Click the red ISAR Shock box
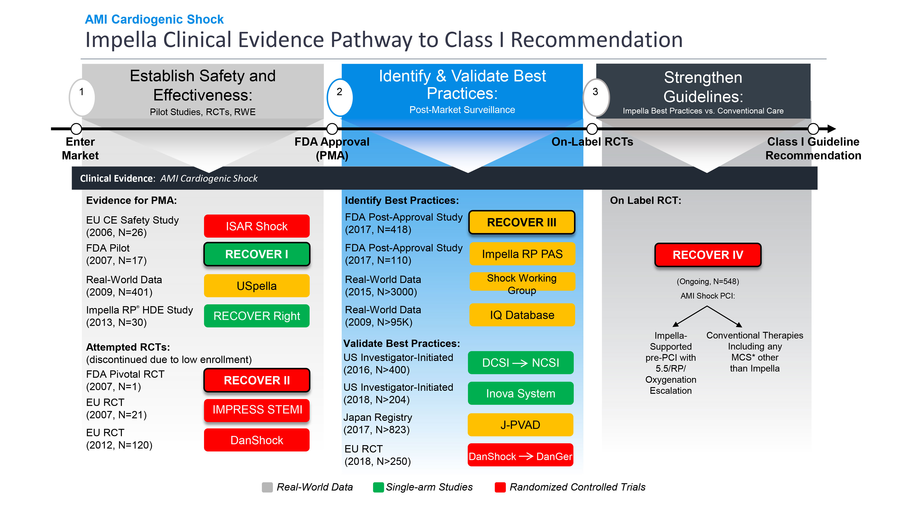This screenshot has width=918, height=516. click(x=257, y=226)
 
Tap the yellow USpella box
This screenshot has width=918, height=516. click(x=257, y=286)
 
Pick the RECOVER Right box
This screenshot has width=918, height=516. click(x=257, y=316)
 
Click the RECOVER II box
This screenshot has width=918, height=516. click(x=257, y=380)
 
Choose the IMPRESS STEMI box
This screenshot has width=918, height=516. click(x=257, y=410)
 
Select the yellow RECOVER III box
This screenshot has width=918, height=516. click(x=521, y=222)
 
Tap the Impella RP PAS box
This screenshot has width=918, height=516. click(x=522, y=254)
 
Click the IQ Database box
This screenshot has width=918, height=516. click(x=522, y=315)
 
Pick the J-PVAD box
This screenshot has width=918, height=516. click(x=520, y=425)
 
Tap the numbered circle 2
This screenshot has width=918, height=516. click(x=340, y=97)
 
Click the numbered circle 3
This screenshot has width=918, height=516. click(x=596, y=97)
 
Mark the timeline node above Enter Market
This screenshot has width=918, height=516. click(x=76, y=129)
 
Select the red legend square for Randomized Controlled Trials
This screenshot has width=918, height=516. click(x=500, y=487)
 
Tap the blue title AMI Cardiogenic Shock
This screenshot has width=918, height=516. click(x=154, y=19)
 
